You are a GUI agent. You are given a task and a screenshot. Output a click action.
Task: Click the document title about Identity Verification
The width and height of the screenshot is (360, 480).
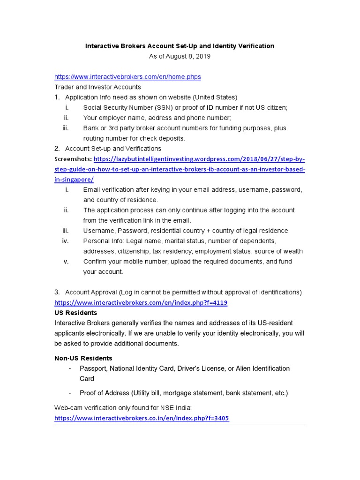(x=180, y=46)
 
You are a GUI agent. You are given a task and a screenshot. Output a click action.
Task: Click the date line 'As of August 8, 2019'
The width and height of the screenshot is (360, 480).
(x=180, y=56)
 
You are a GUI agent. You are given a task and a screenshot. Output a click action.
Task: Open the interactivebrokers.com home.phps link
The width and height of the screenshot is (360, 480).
(x=127, y=77)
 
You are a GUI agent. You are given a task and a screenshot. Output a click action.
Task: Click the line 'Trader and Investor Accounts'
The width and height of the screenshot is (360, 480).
(x=97, y=87)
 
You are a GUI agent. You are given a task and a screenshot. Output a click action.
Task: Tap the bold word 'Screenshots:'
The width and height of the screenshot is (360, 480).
(x=73, y=159)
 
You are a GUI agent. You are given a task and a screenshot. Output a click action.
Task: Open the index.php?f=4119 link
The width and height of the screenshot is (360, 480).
(x=141, y=303)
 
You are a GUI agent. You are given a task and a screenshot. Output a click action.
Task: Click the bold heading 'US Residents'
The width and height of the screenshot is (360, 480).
(x=76, y=313)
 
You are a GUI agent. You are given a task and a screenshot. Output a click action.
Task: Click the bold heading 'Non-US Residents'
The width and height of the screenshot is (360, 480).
(x=83, y=358)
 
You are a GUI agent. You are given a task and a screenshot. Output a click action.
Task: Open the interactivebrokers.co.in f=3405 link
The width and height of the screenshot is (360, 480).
(x=142, y=418)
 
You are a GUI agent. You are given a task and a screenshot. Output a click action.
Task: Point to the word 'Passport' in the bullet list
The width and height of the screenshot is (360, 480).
(x=93, y=368)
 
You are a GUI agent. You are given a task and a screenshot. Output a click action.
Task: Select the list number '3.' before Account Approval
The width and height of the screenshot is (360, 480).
(x=57, y=292)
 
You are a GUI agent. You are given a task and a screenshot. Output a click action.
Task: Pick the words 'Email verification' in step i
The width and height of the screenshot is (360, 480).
(x=107, y=190)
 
